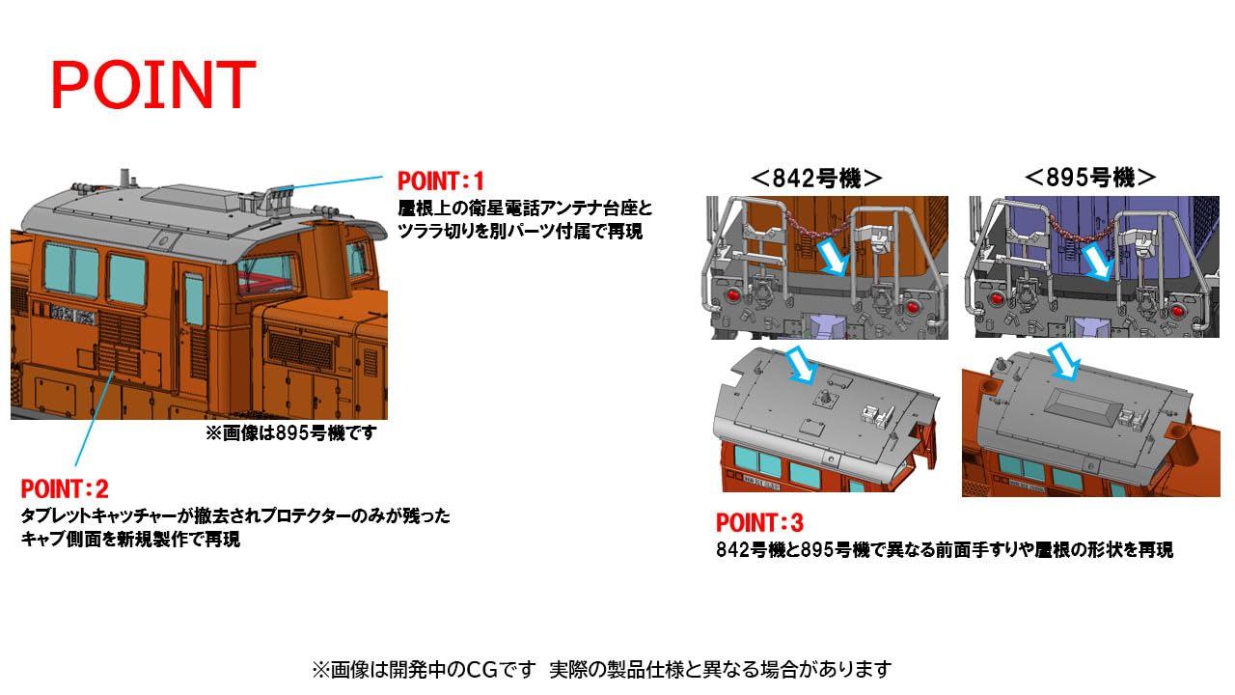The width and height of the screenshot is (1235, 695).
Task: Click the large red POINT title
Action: coord(152,85)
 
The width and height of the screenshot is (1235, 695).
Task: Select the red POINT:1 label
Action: coord(440,181)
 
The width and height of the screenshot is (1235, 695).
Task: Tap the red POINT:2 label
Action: coord(65,488)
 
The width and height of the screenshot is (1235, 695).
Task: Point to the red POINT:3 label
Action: coord(759,523)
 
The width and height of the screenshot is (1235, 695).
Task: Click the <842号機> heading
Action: coord(816,178)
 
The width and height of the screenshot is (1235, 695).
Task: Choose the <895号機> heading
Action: coord(1090,178)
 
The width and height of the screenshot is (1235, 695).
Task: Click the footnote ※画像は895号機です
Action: coord(290,433)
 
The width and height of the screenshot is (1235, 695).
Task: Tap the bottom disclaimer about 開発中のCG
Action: coord(600,669)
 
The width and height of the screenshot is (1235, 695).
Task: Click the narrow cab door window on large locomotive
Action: coord(194,297)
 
